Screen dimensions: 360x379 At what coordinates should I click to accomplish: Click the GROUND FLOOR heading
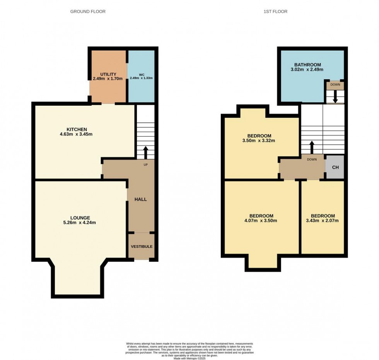(88, 12)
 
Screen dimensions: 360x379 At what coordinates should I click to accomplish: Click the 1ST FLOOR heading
(275, 12)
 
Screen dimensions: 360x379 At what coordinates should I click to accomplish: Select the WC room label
(141, 74)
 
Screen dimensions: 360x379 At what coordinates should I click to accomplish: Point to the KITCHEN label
(76, 129)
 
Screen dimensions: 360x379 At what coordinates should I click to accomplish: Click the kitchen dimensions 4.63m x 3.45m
(76, 134)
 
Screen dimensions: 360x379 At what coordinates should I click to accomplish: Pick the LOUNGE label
(80, 218)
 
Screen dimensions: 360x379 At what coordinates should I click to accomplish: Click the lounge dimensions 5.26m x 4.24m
(80, 223)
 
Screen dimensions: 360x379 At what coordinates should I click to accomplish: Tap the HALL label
(140, 199)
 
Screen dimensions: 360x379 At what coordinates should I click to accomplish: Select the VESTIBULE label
(141, 247)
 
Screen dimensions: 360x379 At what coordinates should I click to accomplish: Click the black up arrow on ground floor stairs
(145, 153)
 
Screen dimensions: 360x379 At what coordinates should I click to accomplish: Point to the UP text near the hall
(146, 165)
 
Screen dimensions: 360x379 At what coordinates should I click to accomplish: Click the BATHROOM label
(307, 65)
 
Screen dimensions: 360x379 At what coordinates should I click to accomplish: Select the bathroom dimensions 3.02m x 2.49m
(307, 70)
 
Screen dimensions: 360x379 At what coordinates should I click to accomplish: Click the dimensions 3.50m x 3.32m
(261, 141)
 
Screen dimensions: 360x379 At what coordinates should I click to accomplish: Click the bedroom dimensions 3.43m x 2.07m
(323, 221)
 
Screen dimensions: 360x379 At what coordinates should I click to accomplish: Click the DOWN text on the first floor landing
(312, 159)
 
